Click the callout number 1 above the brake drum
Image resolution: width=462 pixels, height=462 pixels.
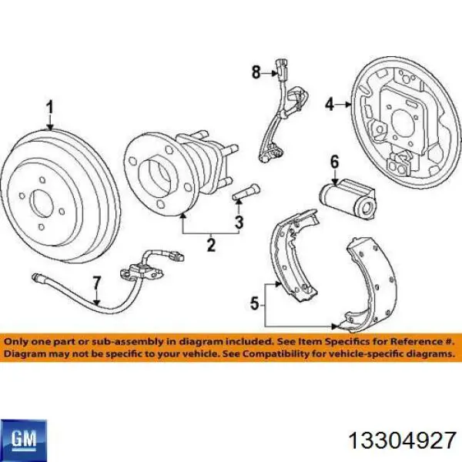click(50, 108)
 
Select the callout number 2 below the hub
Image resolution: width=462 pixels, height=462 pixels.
click(211, 244)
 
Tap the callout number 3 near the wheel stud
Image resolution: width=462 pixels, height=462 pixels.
click(239, 222)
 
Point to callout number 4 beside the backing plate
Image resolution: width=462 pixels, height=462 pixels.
click(330, 104)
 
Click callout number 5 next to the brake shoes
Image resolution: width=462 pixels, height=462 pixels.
click(255, 303)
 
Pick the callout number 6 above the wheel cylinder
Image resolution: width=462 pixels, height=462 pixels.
click(334, 162)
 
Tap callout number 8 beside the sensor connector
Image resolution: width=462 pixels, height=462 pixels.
click(256, 72)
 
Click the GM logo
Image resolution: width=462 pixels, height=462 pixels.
click(24, 440)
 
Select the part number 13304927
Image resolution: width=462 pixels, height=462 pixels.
click(403, 440)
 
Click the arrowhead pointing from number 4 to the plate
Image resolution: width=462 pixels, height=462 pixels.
click(349, 104)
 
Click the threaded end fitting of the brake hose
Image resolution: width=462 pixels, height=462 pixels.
click(38, 276)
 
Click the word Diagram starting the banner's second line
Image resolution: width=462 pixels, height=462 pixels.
click(25, 353)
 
